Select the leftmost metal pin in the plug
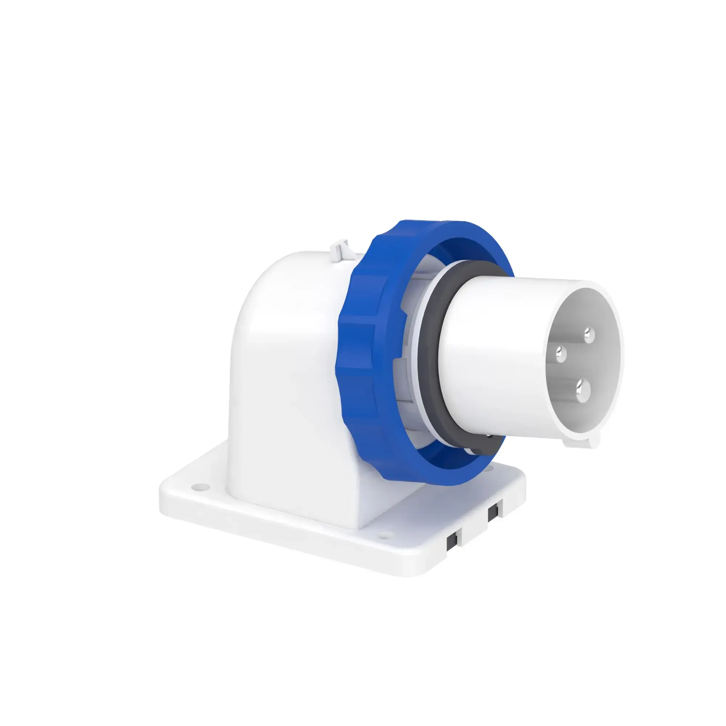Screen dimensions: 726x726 coord(561,354)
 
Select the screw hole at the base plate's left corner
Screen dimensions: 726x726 coord(200,487)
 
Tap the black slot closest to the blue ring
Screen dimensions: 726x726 coord(493,513)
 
